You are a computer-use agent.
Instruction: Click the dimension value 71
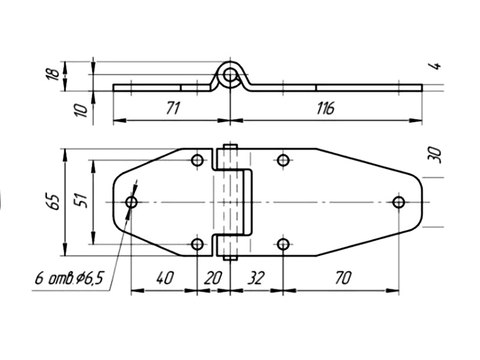tap(173, 108)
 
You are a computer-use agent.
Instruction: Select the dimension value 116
tap(325, 108)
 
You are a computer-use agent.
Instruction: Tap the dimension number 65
tap(55, 202)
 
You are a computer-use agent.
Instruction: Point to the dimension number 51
tap(82, 200)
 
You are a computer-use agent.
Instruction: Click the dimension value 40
tap(165, 278)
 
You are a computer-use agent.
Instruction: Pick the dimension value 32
tap(256, 278)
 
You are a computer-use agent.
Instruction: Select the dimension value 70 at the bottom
tap(343, 278)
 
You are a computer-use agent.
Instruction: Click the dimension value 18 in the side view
tap(54, 74)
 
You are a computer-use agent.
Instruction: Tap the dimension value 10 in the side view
tap(82, 110)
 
